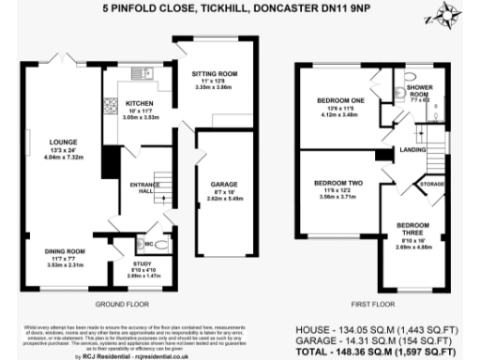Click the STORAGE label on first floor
pyautogui.click(x=433, y=185)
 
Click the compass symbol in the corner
pyautogui.click(x=446, y=17)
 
